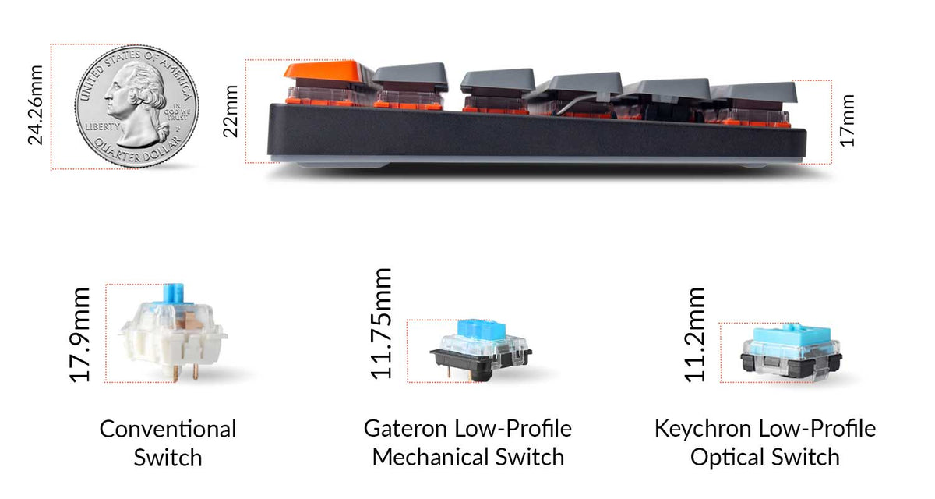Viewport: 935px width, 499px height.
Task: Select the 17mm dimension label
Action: click(x=848, y=120)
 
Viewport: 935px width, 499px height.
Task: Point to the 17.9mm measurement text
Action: click(x=80, y=334)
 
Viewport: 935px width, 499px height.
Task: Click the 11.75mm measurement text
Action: click(x=381, y=324)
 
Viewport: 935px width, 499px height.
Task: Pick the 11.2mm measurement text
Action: click(x=696, y=334)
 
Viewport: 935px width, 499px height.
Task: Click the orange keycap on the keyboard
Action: click(x=327, y=73)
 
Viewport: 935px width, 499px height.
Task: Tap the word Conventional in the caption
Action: click(x=168, y=430)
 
